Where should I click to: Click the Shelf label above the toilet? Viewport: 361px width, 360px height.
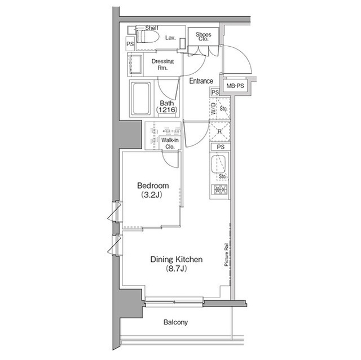[x=152, y=28]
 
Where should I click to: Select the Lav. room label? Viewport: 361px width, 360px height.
[x=170, y=38]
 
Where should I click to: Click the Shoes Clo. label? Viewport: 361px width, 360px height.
[x=203, y=38]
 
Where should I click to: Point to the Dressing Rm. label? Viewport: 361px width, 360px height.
[x=162, y=64]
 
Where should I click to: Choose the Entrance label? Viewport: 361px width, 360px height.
[x=201, y=81]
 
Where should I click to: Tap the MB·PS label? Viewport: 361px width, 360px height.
[x=235, y=86]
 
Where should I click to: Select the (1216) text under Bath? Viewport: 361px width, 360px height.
[x=167, y=110]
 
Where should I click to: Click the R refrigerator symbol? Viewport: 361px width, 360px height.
[x=219, y=132]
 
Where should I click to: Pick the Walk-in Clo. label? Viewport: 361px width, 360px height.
[x=169, y=143]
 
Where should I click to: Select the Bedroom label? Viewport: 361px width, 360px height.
[x=153, y=185]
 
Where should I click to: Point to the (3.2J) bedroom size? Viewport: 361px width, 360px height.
[x=153, y=195]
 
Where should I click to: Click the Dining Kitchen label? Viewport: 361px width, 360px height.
[x=176, y=260]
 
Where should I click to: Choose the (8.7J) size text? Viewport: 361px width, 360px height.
[x=176, y=269]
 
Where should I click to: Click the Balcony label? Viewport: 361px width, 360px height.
[x=175, y=323]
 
